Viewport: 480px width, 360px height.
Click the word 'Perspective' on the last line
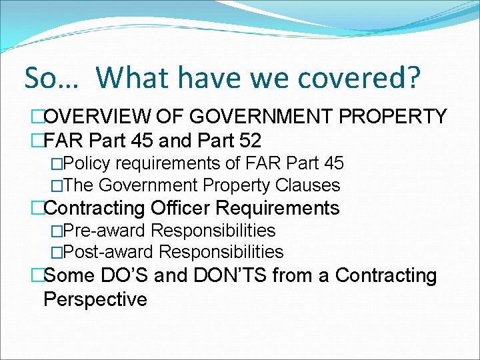click(x=95, y=299)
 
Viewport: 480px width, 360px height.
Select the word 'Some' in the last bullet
click(x=69, y=275)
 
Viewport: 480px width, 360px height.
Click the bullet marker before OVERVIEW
click(x=37, y=117)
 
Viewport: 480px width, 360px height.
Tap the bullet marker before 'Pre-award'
click(x=57, y=231)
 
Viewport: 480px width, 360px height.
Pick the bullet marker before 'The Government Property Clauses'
click(x=57, y=185)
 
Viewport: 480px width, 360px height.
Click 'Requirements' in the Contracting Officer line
click(x=285, y=208)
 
